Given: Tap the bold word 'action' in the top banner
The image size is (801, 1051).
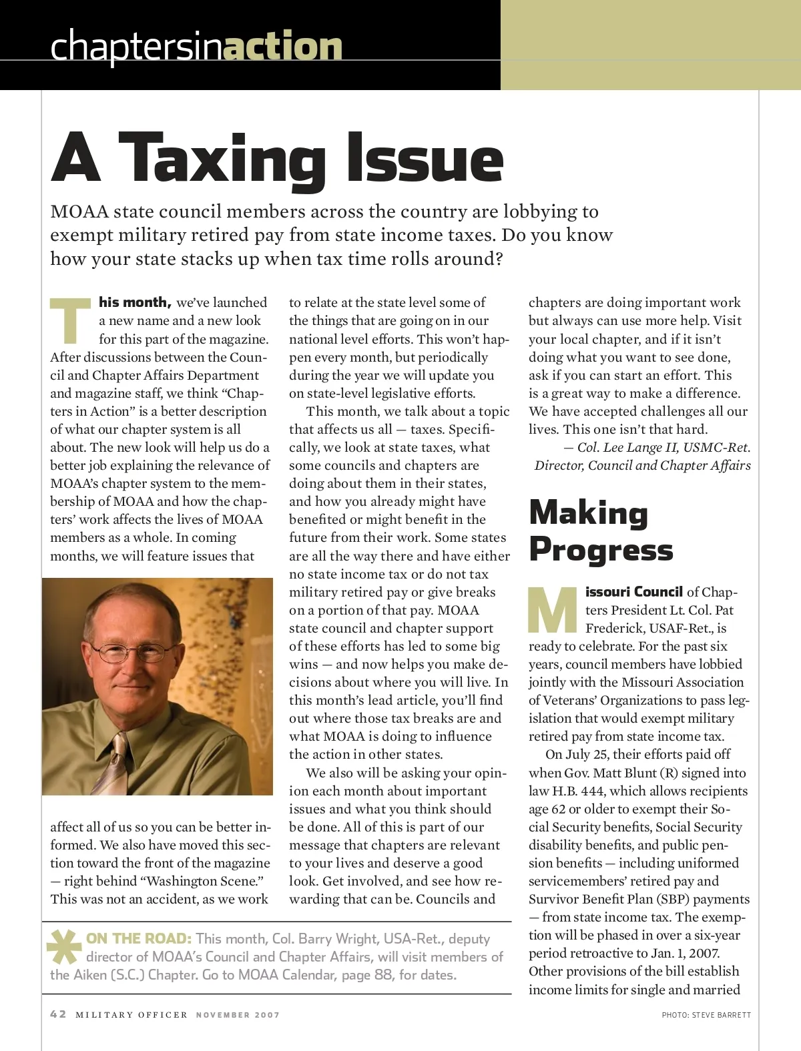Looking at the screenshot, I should click(x=283, y=47).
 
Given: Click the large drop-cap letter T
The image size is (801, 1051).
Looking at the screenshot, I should click(x=70, y=320).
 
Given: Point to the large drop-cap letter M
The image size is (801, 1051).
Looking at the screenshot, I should click(x=553, y=609).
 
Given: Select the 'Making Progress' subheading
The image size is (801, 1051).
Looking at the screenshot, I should click(x=601, y=531).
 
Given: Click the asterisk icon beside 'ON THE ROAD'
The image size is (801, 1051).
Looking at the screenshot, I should click(x=64, y=947).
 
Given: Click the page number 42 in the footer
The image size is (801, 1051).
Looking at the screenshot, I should click(x=58, y=1014).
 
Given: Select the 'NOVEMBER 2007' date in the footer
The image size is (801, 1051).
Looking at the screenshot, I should click(x=238, y=1015).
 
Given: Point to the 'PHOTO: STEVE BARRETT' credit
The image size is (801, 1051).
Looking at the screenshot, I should click(x=706, y=1015).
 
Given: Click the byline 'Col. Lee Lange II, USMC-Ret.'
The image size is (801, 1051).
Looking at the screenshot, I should click(x=663, y=448).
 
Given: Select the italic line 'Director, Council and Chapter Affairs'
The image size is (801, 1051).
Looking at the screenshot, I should click(x=642, y=466).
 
